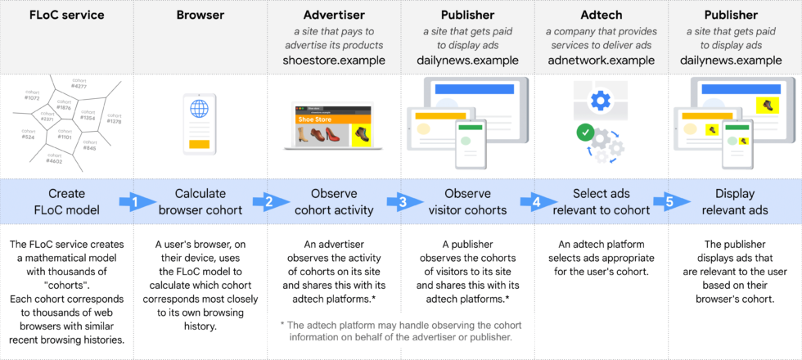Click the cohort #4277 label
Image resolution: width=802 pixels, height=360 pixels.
point(79,83)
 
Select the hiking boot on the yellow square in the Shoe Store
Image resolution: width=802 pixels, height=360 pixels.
point(361,135)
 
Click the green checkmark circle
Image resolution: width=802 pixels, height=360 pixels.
point(584,131)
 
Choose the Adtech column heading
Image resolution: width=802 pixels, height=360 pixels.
point(601,15)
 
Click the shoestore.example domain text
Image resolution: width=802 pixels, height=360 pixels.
point(334,60)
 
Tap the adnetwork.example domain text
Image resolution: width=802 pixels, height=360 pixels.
point(601,60)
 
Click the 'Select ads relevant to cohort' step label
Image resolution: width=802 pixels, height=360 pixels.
point(601,201)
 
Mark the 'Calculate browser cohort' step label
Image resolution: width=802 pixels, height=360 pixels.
point(200,201)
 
